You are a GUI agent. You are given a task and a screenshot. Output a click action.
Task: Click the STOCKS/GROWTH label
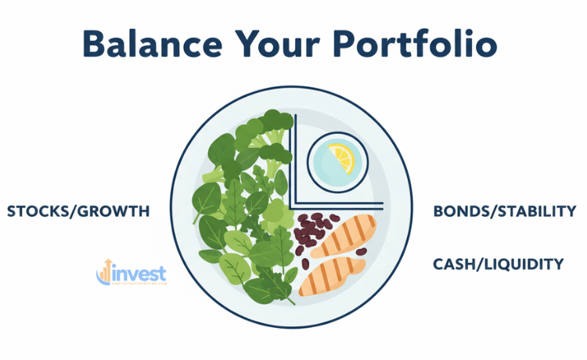(77, 211)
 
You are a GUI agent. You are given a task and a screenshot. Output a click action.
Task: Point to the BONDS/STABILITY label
(504, 211)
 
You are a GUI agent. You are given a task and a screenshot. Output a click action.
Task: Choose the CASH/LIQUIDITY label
(499, 265)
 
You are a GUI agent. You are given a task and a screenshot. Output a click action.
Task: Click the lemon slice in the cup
(341, 159)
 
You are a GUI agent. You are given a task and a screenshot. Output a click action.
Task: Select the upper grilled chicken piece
(345, 232)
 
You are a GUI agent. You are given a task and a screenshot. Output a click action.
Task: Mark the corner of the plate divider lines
(294, 207)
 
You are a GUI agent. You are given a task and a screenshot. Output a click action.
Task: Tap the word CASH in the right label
(452, 265)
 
